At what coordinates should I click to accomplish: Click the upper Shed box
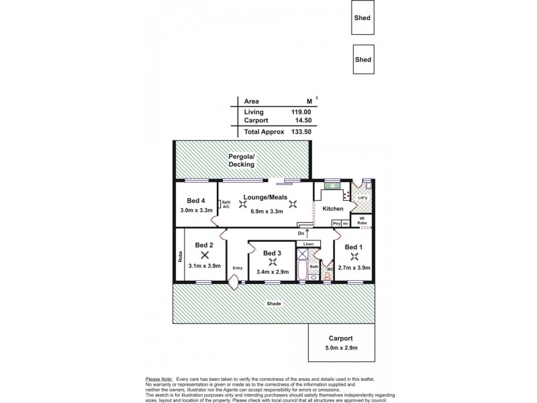coord(363,19)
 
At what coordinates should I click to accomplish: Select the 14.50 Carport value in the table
coord(303,121)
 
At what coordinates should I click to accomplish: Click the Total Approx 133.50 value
coord(303,132)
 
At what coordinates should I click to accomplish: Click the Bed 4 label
coord(196,200)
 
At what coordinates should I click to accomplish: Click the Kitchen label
coord(333,210)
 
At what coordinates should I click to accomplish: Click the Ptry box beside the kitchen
coord(336,223)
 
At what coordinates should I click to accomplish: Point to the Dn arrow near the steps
coord(307,233)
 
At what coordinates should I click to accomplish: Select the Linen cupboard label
coord(308,244)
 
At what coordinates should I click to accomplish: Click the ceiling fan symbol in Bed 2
coord(204,255)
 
